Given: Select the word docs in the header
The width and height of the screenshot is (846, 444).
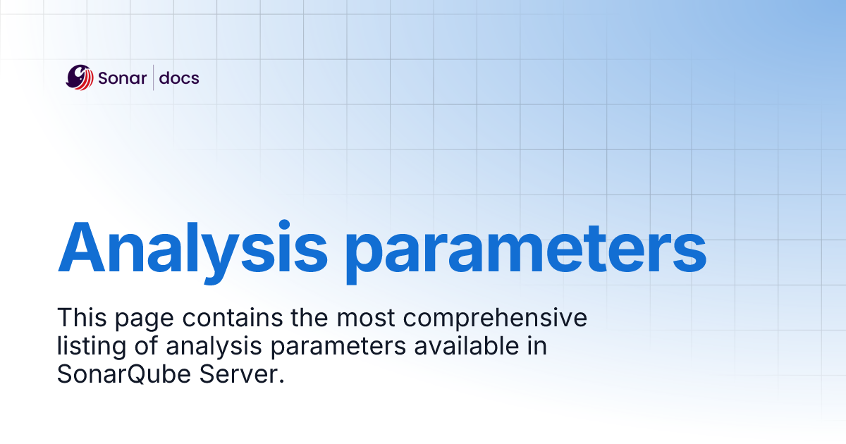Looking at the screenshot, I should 179,78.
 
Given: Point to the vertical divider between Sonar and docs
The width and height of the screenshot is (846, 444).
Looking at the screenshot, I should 154,78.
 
